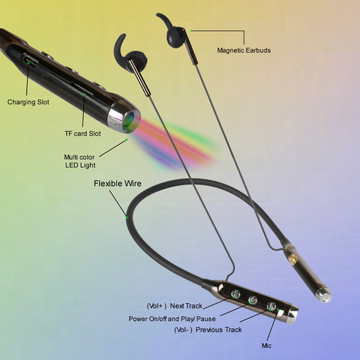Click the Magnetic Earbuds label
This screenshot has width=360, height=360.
click(244, 50)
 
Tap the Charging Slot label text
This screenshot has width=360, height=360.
click(28, 102)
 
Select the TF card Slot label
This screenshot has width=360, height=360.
click(82, 133)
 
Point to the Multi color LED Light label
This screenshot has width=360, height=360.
click(79, 161)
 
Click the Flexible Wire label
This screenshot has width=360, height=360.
click(118, 184)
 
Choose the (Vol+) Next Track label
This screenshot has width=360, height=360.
click(174, 306)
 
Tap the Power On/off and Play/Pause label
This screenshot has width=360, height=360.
click(172, 319)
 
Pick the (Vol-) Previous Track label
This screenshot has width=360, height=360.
click(208, 330)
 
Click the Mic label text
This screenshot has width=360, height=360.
click(266, 346)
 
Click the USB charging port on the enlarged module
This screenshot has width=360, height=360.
click(29, 60)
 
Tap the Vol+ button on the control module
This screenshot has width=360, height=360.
click(235, 294)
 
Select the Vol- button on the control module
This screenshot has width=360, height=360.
click(271, 306)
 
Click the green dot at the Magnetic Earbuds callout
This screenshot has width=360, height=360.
click(191, 31)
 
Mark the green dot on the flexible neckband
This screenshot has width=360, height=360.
click(127, 217)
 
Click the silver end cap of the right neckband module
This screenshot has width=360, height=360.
click(324, 295)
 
